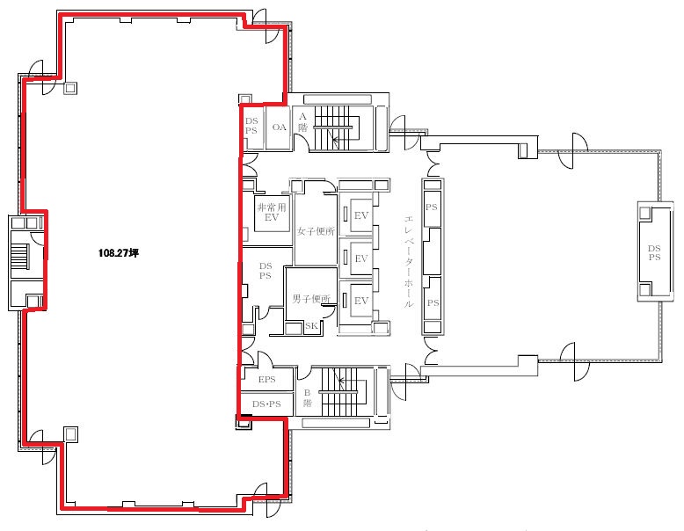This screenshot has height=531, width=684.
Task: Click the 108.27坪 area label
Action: click(x=118, y=252)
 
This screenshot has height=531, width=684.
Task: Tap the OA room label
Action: click(x=280, y=127)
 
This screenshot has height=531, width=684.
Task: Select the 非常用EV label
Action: click(x=272, y=212)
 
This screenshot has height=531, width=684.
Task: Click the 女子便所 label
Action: click(x=316, y=231)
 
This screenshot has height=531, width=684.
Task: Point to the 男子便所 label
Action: click(x=311, y=299)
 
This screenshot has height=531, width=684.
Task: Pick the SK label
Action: click(x=311, y=326)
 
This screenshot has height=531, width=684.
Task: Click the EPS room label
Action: click(x=267, y=380)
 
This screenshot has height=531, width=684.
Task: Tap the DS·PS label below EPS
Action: click(x=266, y=404)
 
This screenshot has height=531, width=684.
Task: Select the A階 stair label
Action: click(x=302, y=121)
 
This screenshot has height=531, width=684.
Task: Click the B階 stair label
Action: click(x=308, y=398)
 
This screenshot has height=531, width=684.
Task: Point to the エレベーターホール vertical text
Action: click(x=409, y=262)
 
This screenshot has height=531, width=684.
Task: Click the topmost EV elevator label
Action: click(x=361, y=215)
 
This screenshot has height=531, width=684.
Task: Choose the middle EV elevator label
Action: click(x=361, y=258)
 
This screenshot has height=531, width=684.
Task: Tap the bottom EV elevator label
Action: click(x=361, y=301)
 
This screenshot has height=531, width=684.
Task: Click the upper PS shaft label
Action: click(x=432, y=207)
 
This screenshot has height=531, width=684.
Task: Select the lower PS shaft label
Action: click(x=433, y=302)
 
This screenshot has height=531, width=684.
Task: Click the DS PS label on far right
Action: click(x=654, y=252)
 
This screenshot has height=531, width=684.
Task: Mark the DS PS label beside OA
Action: click(x=251, y=126)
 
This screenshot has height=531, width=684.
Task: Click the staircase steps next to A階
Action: click(x=337, y=127)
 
